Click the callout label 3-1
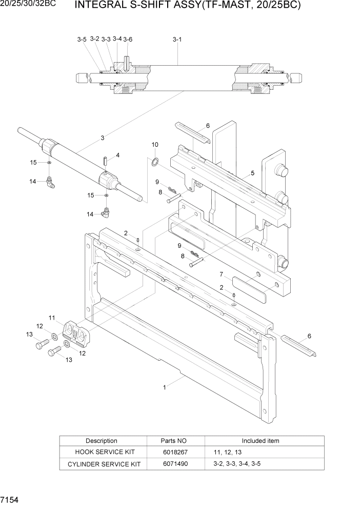(177, 39)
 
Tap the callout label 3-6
(128, 40)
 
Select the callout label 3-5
(82, 40)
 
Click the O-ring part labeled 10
(154, 163)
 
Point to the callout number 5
(252, 173)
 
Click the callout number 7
(221, 274)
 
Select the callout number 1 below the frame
(164, 387)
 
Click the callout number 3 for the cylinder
(103, 138)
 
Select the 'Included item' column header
(261, 441)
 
